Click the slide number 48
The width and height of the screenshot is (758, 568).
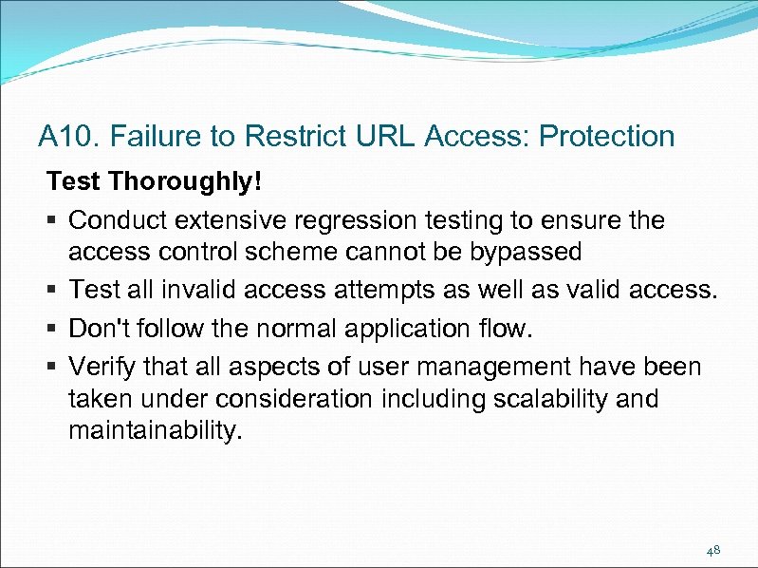click(713, 550)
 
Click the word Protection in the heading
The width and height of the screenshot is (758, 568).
click(606, 137)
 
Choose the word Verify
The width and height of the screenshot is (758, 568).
click(104, 366)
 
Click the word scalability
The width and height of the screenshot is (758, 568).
click(551, 398)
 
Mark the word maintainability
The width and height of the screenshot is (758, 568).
click(156, 430)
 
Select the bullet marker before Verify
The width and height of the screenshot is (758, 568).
click(53, 367)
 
